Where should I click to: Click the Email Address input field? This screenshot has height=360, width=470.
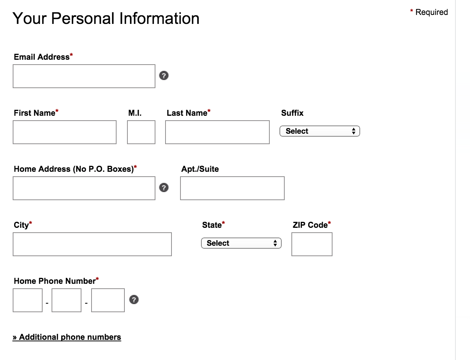pyautogui.click(x=84, y=76)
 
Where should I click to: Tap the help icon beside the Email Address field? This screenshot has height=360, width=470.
pyautogui.click(x=164, y=75)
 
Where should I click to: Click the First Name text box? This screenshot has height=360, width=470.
pyautogui.click(x=65, y=132)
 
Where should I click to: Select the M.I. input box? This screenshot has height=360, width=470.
pyautogui.click(x=141, y=132)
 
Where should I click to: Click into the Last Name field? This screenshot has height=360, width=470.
pyautogui.click(x=217, y=132)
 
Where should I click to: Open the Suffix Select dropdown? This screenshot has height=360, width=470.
pyautogui.click(x=320, y=131)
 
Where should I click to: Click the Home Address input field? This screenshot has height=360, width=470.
pyautogui.click(x=84, y=188)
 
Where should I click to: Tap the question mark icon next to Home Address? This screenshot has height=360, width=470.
pyautogui.click(x=164, y=187)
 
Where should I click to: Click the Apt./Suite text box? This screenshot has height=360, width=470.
pyautogui.click(x=232, y=188)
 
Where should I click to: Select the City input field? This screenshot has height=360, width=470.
pyautogui.click(x=92, y=244)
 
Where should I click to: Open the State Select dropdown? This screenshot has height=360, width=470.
pyautogui.click(x=241, y=243)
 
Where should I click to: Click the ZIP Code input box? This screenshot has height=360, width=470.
pyautogui.click(x=312, y=244)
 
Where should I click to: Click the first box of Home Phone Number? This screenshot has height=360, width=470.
pyautogui.click(x=28, y=300)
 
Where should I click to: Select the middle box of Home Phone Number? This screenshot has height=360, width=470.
pyautogui.click(x=67, y=300)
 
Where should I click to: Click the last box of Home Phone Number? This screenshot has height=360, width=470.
pyautogui.click(x=108, y=300)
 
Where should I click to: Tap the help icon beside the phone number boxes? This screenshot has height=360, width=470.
pyautogui.click(x=134, y=300)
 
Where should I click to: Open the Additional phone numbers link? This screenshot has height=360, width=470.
pyautogui.click(x=67, y=337)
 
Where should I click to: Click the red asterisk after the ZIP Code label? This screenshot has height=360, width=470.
pyautogui.click(x=330, y=223)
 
